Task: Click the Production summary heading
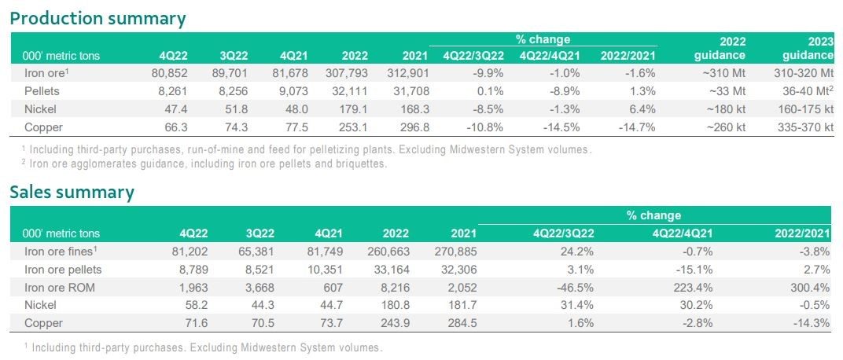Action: coord(98,18)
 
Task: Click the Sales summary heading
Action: coord(72,192)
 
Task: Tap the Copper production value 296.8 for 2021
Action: coord(412,127)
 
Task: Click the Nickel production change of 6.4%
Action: coord(639,109)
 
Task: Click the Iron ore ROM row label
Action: coord(54,288)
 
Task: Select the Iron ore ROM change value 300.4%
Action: coord(809,288)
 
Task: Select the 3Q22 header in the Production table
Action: coord(235,56)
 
